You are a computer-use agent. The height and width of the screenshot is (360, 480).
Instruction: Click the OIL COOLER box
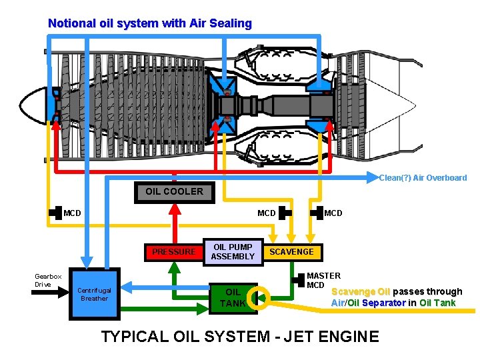[174, 191]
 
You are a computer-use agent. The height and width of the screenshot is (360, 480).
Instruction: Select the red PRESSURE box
[174, 251]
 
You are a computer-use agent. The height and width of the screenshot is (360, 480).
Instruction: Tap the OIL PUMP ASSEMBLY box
[233, 251]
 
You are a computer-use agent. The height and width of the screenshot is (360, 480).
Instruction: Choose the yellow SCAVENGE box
[291, 251]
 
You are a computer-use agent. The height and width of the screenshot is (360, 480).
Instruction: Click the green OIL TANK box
[233, 297]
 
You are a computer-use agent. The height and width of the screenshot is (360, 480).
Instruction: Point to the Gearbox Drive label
[48, 280]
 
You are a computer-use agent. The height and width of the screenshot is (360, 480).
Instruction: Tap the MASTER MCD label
[323, 280]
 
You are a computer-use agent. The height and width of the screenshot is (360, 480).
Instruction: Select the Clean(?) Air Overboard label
[423, 178]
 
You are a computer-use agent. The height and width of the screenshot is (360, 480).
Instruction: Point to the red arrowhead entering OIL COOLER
[174, 207]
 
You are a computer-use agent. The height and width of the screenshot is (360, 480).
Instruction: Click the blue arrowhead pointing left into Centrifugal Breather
[128, 287]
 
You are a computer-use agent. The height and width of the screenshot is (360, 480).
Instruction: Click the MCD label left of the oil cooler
[72, 213]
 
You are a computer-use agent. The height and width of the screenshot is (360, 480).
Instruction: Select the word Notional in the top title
[71, 23]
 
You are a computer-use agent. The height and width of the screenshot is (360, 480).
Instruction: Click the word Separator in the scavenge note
[389, 303]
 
